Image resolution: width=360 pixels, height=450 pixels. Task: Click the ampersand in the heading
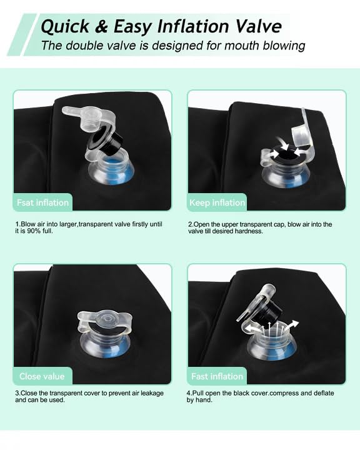click(101, 26)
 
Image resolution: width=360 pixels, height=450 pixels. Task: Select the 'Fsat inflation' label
click(42, 202)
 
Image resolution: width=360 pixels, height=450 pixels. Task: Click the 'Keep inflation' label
click(217, 202)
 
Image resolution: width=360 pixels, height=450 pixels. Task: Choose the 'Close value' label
click(42, 376)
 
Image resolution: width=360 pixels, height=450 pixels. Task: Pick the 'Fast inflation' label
click(217, 376)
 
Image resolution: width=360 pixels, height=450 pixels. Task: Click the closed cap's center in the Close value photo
click(107, 319)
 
